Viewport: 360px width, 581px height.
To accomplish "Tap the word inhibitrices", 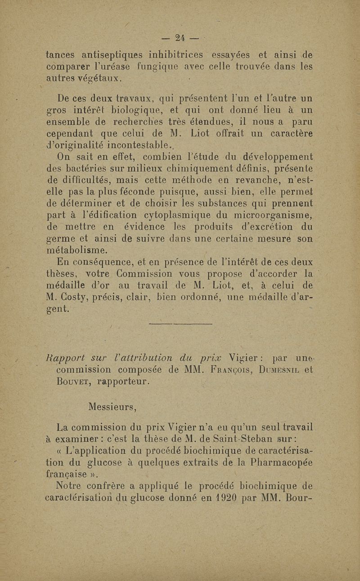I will (x=177, y=56).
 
